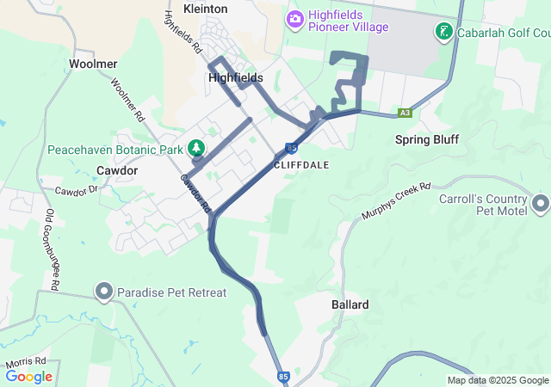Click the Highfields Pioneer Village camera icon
tap(295, 18)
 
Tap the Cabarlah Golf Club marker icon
tap(444, 33)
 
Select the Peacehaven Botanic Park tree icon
tap(196, 148)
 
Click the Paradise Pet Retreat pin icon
tap(105, 292)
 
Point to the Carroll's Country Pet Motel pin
tap(541, 204)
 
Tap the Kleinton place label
tap(206, 9)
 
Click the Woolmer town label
tap(93, 64)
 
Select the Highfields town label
tap(236, 77)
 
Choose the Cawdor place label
tap(117, 170)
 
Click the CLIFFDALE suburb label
tap(301, 163)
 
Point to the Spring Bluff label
tap(427, 139)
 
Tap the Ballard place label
tap(350, 304)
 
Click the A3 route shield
tap(406, 113)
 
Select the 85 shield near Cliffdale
tap(292, 147)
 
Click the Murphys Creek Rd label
tap(395, 200)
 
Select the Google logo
tap(29, 377)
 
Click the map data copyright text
tap(498, 380)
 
